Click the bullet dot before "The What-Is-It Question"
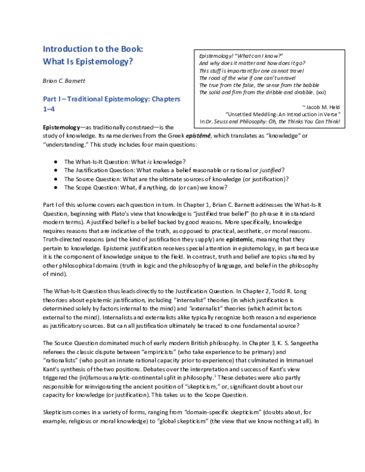[56, 160]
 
